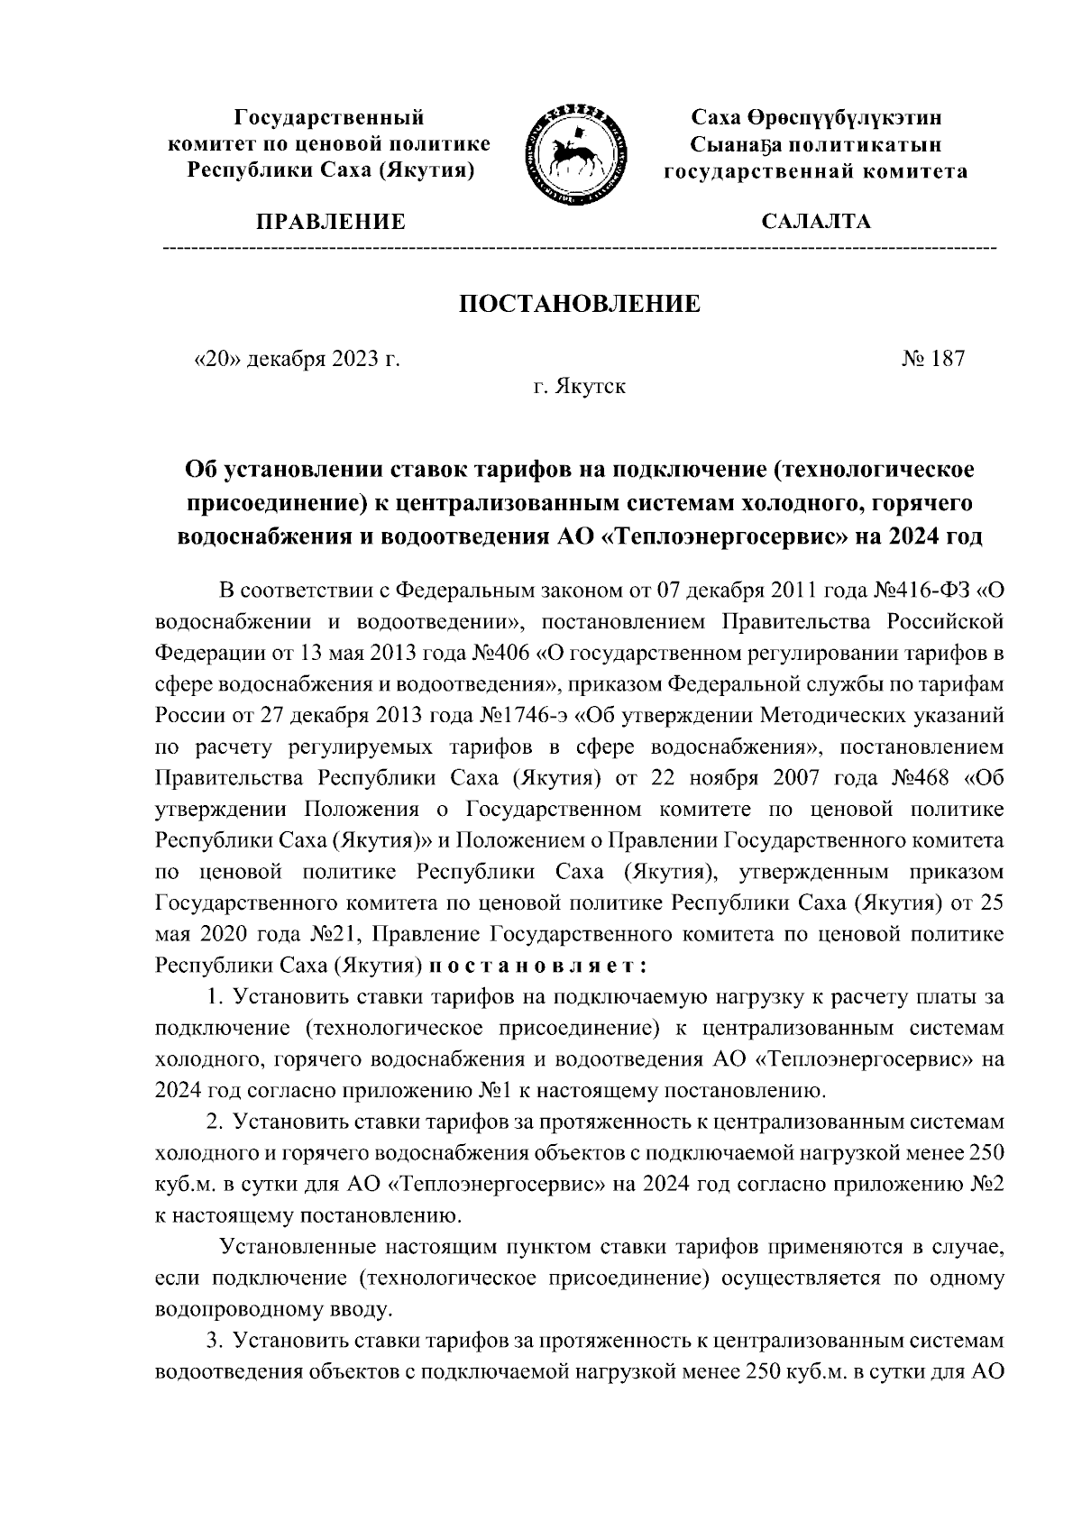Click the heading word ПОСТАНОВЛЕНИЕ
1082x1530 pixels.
(x=580, y=304)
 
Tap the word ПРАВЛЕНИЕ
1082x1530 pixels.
(x=332, y=222)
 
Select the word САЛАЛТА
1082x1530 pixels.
(x=817, y=222)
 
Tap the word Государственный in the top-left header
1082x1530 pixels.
(x=329, y=117)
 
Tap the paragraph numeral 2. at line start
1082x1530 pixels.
(x=215, y=1122)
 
